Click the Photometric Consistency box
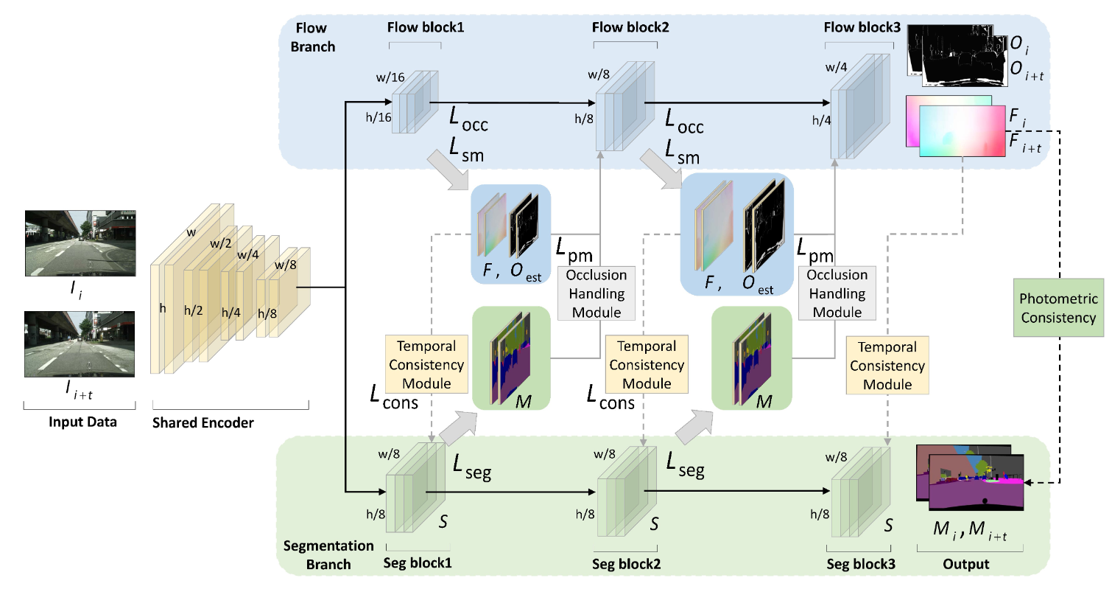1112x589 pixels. click(1059, 308)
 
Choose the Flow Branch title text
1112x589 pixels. click(315, 37)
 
